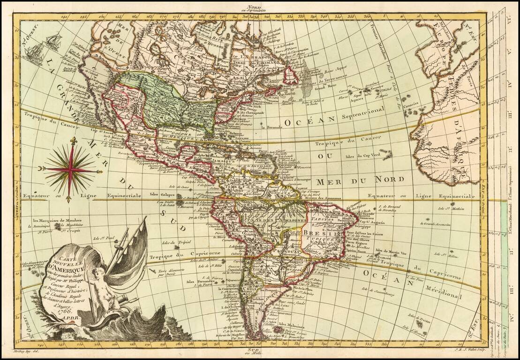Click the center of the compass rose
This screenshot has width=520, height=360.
point(71,169)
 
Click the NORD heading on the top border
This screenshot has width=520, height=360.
point(255,6)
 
